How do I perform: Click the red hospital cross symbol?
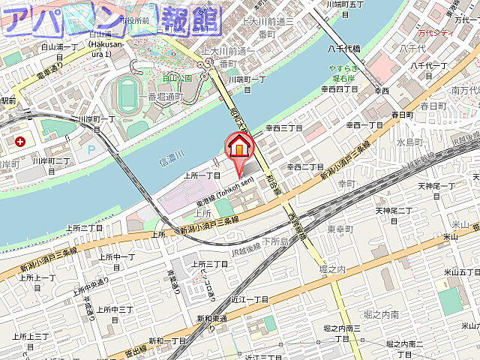pyautogui.click(x=19, y=140)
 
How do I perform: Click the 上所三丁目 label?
pyautogui.click(x=209, y=264)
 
